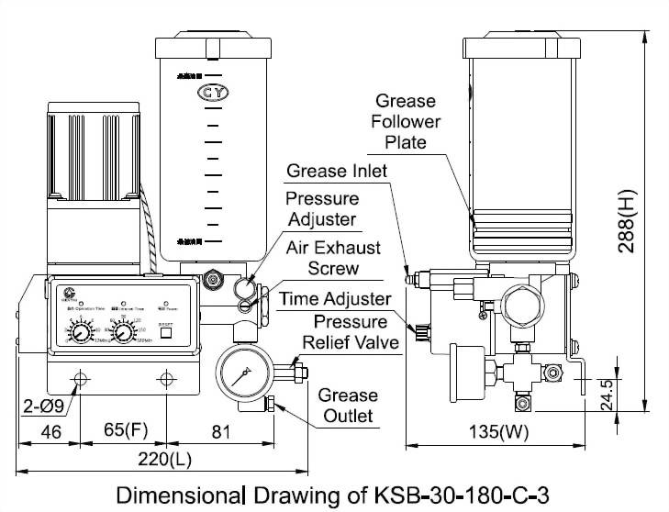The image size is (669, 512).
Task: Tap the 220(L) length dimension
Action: coord(162,458)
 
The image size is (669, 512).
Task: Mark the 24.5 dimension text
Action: coord(608,395)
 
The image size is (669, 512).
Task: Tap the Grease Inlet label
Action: coord(337,171)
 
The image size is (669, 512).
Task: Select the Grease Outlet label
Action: coord(348,405)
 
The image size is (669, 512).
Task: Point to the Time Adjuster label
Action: coord(335,299)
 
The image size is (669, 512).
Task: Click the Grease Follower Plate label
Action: coord(406,121)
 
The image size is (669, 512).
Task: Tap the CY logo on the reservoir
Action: coord(213,93)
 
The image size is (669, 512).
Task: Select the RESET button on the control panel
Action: coord(166,333)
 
